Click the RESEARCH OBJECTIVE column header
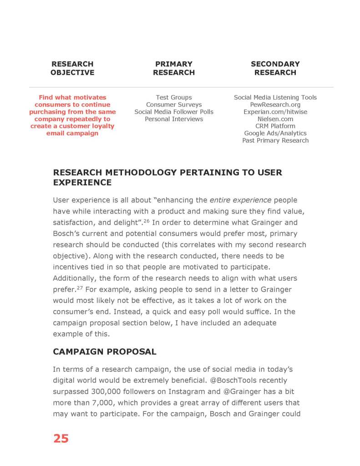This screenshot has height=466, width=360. (72, 68)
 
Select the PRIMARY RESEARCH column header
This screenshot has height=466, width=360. (174, 68)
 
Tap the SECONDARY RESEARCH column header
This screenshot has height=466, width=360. (275, 68)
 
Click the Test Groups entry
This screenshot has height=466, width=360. (174, 97)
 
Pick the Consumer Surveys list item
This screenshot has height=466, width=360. (174, 105)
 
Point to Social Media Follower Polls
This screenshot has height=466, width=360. (174, 112)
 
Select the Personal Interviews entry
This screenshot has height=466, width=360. (174, 119)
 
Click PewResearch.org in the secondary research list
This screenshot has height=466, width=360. (275, 105)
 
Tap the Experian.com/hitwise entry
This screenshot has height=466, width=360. (275, 112)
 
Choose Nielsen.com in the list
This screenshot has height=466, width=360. (275, 119)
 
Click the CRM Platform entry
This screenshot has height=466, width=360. (275, 126)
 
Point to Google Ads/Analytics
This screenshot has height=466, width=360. (275, 133)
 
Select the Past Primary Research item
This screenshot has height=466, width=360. (275, 141)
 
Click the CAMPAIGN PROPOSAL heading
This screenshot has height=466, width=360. (105, 352)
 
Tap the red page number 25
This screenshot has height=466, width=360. (61, 438)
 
